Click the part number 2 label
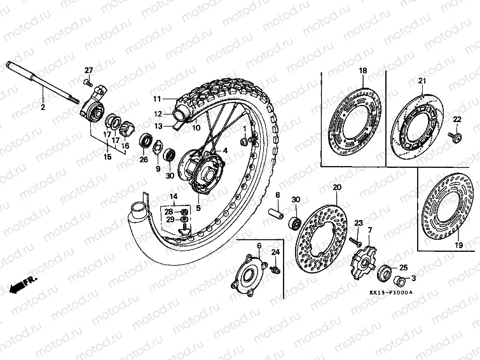pyautogui.click(x=43, y=108)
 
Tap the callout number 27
pyautogui.click(x=88, y=70)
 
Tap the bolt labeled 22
pyautogui.click(x=456, y=135)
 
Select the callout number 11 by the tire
pyautogui.click(x=157, y=99)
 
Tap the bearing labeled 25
pyautogui.click(x=385, y=274)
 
